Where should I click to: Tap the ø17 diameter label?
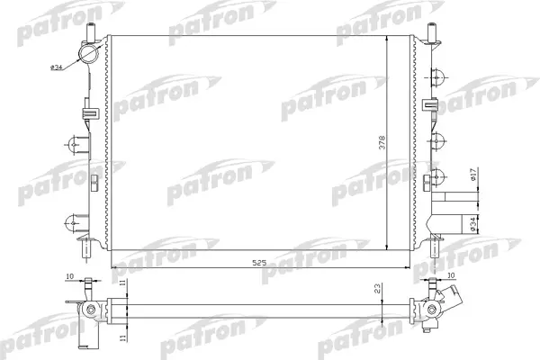[473, 177]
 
